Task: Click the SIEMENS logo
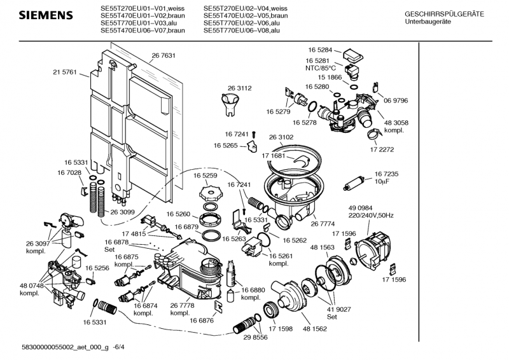[x=39, y=15]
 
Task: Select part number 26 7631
[x=164, y=56]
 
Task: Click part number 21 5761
[x=65, y=73]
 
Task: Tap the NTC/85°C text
[x=319, y=67]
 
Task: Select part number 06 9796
[x=395, y=100]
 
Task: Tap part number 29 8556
[x=257, y=338]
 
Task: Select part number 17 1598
[x=280, y=329]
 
